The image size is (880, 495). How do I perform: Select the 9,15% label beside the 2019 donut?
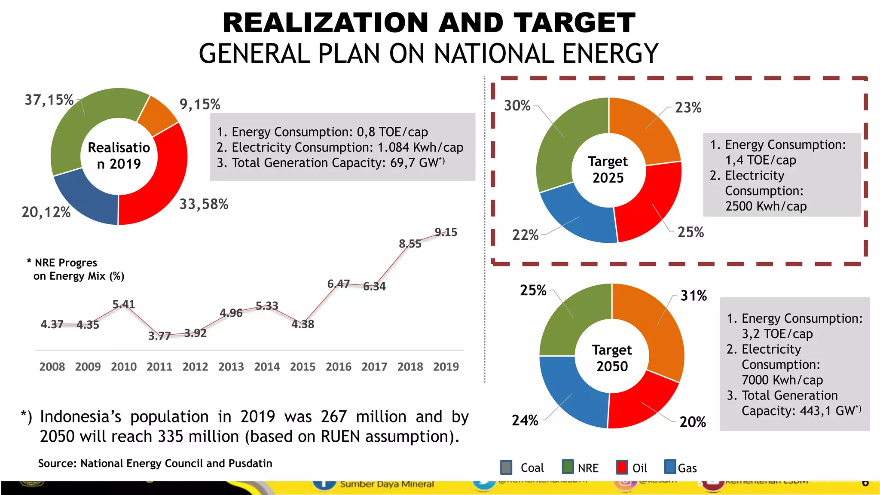pyautogui.click(x=200, y=104)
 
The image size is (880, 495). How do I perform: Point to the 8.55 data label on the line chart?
pyautogui.click(x=410, y=244)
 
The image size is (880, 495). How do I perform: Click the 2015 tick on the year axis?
pyautogui.click(x=302, y=367)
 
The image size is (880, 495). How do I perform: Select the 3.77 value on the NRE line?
pyautogui.click(x=159, y=336)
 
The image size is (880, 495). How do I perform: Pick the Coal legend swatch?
pyautogui.click(x=506, y=467)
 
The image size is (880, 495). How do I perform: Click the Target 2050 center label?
pyautogui.click(x=612, y=358)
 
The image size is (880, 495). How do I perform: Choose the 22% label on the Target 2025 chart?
pyautogui.click(x=525, y=235)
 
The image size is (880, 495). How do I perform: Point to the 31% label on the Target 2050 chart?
pyautogui.click(x=694, y=296)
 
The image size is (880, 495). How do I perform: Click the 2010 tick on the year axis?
pyautogui.click(x=124, y=367)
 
